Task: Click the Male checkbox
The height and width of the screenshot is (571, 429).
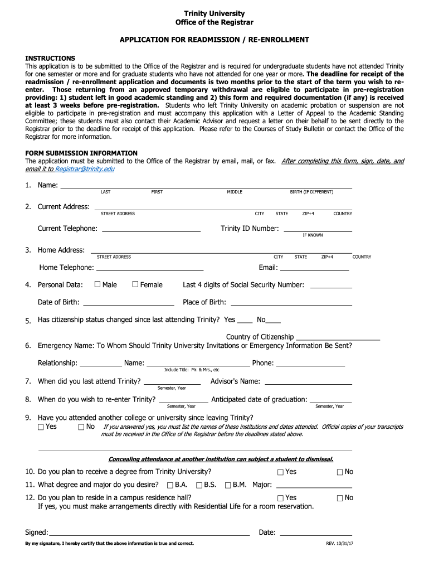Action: tap(97, 284)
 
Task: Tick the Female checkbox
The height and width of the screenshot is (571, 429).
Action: tap(135, 284)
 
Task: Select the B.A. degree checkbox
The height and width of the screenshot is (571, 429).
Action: tap(170, 485)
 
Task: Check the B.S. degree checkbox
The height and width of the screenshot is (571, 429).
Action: tap(199, 485)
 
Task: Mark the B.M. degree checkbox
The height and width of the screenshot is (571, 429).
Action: tap(228, 485)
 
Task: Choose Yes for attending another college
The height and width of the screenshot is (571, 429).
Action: tap(41, 427)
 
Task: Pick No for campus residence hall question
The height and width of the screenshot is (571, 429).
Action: tap(340, 498)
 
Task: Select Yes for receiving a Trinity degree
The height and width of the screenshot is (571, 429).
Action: tap(280, 472)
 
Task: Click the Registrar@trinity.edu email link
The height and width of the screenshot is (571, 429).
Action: tap(84, 169)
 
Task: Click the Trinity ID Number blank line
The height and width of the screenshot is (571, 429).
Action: tap(318, 230)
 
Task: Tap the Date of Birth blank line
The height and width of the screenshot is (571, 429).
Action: tap(128, 304)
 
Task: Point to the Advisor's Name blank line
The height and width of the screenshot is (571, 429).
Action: tap(308, 383)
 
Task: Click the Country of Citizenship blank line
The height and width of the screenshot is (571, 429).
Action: tap(338, 338)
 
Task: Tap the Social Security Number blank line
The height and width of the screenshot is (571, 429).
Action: tap(330, 287)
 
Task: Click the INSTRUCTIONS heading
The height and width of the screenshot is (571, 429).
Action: tap(50, 58)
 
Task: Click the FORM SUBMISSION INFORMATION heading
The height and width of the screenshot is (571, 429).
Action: tap(81, 153)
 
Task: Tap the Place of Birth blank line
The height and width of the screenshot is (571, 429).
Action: tap(291, 304)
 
